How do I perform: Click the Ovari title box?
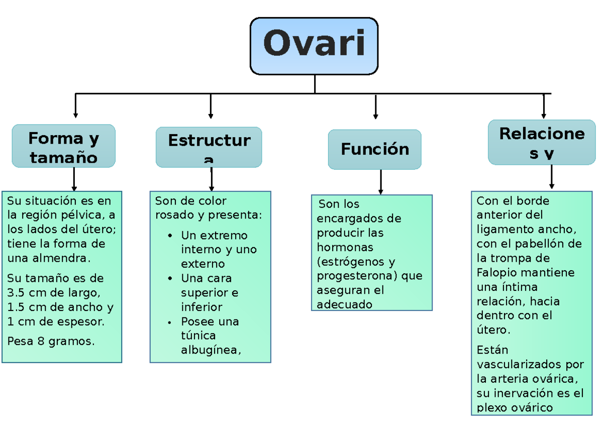point(314,46)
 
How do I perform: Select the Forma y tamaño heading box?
point(64,146)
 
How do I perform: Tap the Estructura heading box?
point(209,147)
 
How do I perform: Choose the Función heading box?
point(375,149)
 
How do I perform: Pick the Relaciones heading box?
point(542,142)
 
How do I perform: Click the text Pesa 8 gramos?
point(51,342)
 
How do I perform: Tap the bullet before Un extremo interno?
point(171,236)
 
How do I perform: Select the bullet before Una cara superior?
point(171,278)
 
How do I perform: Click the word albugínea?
point(211,350)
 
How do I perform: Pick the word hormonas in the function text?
point(345,248)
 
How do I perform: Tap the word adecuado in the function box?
point(344,304)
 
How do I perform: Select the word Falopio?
point(500,273)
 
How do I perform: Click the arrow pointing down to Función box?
point(376,108)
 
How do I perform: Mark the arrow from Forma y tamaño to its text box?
point(74,179)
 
